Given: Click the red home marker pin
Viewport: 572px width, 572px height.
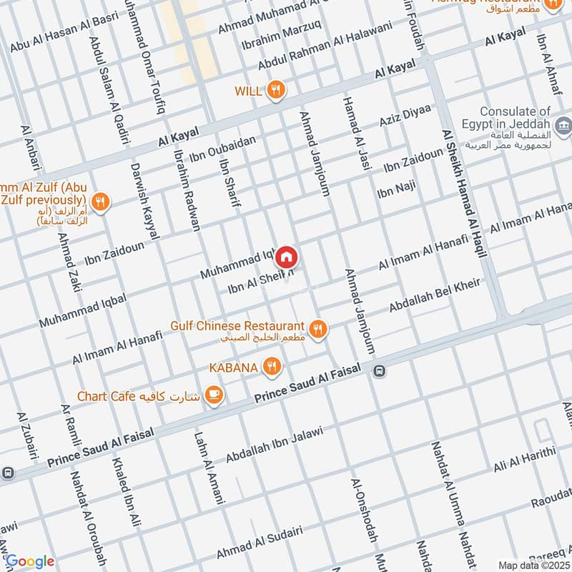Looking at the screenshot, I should click(286, 256).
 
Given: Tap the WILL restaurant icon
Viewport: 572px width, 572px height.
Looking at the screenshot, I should click(275, 90).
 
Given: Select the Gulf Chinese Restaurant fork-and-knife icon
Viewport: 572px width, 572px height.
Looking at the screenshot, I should click(318, 328).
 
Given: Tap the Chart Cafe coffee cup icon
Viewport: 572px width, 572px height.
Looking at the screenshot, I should click(213, 394).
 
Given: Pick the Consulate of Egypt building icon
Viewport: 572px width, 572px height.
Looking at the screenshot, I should click(564, 127).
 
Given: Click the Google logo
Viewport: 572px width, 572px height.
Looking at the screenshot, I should click(30, 561).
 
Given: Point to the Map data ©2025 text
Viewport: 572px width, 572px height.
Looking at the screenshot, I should click(533, 566).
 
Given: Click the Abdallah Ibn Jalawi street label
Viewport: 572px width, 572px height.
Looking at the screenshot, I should click(275, 444).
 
